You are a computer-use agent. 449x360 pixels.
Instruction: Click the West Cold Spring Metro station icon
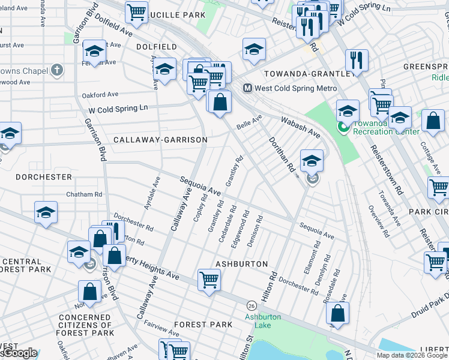point(247,88)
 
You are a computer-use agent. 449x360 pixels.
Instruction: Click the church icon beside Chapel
point(57,71)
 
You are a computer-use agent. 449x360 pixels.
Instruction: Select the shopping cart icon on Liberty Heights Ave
point(209,279)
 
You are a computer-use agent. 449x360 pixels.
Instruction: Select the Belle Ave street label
point(250,122)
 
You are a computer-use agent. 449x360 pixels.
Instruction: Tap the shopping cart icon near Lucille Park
point(137,11)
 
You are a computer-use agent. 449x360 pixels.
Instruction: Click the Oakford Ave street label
point(101,94)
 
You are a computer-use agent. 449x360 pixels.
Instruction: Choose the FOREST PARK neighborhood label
point(203,325)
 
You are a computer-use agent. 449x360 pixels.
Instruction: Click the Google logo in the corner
point(19,353)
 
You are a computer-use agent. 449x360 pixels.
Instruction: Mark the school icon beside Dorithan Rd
point(312,160)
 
